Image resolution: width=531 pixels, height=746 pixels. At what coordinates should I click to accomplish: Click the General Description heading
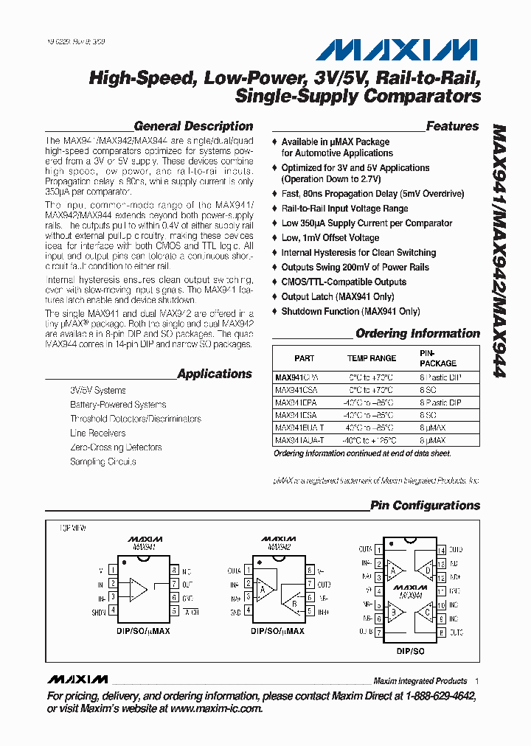[x=193, y=126]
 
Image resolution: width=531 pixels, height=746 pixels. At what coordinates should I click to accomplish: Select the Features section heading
[x=452, y=126]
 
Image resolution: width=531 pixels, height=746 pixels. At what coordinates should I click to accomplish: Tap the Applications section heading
[x=215, y=374]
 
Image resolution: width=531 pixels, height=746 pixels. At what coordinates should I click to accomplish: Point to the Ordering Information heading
[x=417, y=333]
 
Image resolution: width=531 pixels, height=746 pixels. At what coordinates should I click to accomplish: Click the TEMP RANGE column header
[x=372, y=358]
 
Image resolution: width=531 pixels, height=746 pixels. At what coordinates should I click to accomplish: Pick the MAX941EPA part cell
[x=296, y=402]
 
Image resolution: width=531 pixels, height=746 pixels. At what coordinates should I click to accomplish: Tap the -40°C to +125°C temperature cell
[x=371, y=440]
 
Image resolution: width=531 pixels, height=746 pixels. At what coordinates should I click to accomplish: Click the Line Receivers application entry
[x=97, y=433]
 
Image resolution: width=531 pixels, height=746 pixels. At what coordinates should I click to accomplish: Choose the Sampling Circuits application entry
[x=103, y=461]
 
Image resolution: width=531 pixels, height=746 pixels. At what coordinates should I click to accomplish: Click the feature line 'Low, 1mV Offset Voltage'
[x=330, y=238]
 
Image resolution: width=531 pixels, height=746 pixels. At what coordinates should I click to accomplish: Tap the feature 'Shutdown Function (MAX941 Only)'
[x=350, y=312]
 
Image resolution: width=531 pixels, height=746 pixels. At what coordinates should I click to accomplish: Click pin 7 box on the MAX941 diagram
[x=174, y=584]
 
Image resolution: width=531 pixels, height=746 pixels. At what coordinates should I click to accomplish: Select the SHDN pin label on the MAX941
[x=100, y=611]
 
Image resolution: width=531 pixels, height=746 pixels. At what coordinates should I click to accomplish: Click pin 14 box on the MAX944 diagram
[x=441, y=550]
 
